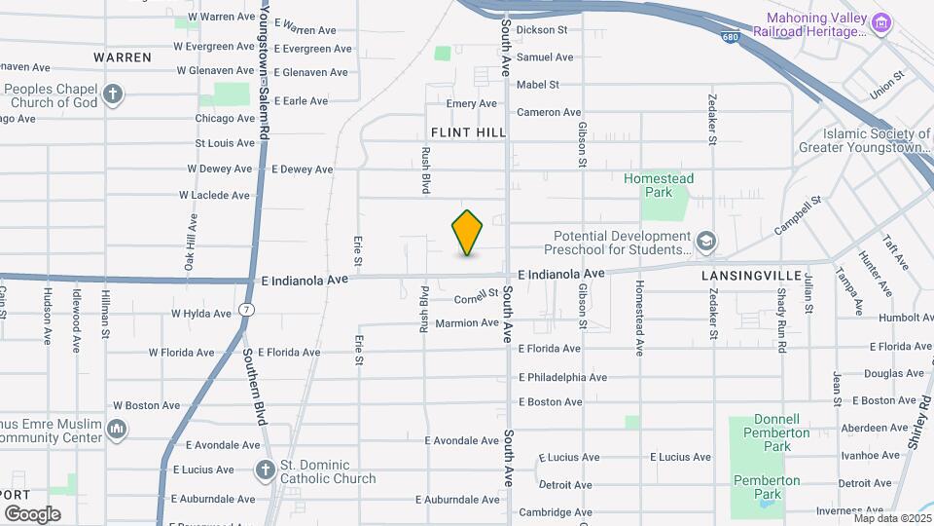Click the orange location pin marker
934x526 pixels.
468,233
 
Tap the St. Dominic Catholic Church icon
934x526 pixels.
264,470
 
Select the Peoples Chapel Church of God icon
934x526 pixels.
114,94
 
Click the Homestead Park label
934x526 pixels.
659,185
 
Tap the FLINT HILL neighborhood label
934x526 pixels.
466,132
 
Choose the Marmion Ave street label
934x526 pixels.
467,323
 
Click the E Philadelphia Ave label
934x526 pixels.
562,377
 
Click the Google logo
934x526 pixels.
32,513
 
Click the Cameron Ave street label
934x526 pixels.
549,112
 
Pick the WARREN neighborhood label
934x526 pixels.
123,57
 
